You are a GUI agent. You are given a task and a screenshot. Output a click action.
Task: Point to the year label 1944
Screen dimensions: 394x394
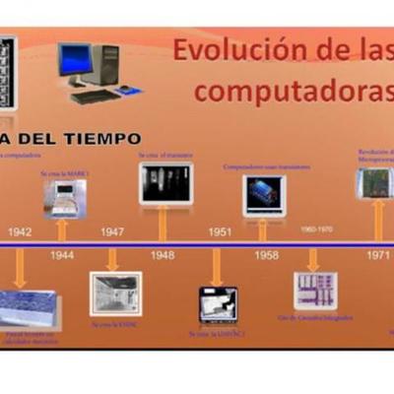pyautogui.click(x=62, y=255)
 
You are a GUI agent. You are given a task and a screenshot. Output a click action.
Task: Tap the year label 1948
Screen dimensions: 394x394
pyautogui.click(x=163, y=255)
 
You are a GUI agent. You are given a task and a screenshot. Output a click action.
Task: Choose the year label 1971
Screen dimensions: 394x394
pyautogui.click(x=377, y=254)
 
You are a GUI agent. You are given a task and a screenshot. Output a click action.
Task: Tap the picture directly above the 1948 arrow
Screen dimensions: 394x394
pyautogui.click(x=165, y=184)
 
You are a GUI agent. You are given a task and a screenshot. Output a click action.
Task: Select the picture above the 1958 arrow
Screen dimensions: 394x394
pyautogui.click(x=264, y=195)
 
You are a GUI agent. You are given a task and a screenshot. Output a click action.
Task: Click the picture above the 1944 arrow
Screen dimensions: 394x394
pyautogui.click(x=63, y=198)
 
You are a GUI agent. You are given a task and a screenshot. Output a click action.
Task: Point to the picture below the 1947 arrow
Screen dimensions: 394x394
pyautogui.click(x=115, y=294)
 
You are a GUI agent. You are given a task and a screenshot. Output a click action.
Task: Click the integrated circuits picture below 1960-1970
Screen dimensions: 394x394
pyautogui.click(x=314, y=292)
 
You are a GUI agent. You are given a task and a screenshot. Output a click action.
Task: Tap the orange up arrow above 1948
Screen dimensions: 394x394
pyautogui.click(x=163, y=225)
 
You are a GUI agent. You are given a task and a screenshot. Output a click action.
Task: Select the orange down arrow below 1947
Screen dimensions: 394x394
pyautogui.click(x=112, y=258)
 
